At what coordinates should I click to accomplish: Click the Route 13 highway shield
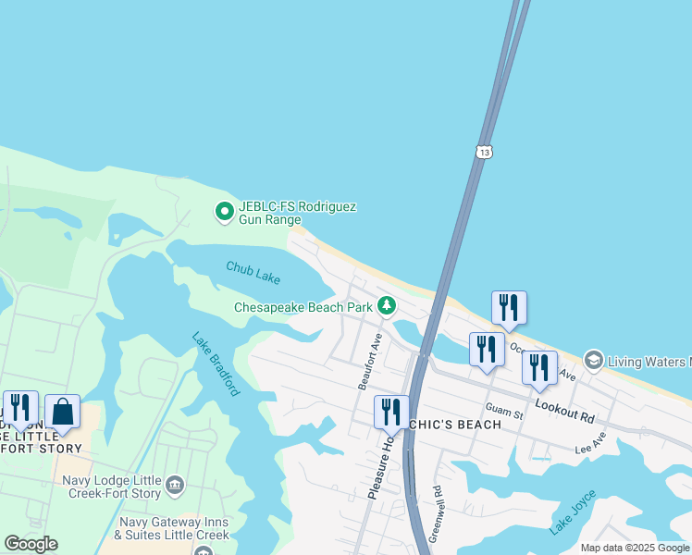click(484, 152)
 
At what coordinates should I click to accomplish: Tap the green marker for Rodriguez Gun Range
click(224, 213)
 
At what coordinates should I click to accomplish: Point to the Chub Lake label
click(253, 269)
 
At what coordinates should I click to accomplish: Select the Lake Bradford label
click(216, 364)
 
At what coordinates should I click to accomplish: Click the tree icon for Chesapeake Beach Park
click(386, 306)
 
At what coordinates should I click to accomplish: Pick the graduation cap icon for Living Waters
click(593, 359)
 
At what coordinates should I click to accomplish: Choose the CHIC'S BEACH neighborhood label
click(457, 424)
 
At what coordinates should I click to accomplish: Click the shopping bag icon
click(62, 411)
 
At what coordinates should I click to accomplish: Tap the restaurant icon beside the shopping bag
click(19, 408)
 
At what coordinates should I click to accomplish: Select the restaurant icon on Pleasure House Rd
click(391, 411)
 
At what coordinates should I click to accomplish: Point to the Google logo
click(31, 544)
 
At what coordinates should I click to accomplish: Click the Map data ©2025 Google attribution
click(635, 548)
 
